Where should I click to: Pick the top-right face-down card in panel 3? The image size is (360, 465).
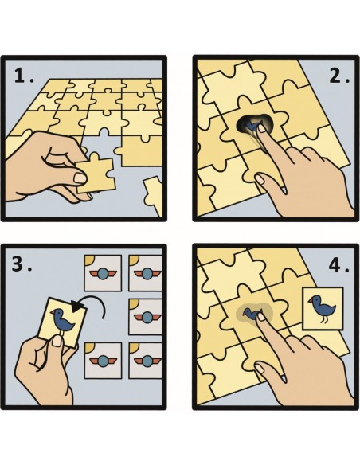(x=148, y=272)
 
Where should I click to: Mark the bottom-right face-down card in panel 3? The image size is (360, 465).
(x=148, y=361)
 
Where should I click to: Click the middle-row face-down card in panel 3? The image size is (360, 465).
(x=148, y=317)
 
